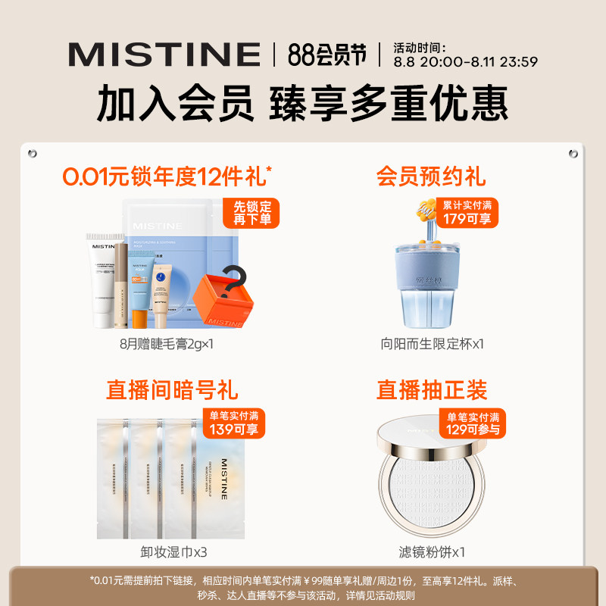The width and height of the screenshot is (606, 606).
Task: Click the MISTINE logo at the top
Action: point(164,55)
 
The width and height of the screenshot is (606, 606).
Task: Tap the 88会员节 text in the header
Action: point(327,55)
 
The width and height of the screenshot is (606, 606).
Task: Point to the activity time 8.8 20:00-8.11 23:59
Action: point(465,62)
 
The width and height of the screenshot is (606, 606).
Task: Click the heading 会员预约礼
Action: point(431,176)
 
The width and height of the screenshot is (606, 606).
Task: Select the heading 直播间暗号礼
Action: point(172,390)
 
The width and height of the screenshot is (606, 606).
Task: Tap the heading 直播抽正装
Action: point(432,390)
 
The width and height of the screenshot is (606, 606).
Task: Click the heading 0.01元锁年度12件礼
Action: point(167,176)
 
